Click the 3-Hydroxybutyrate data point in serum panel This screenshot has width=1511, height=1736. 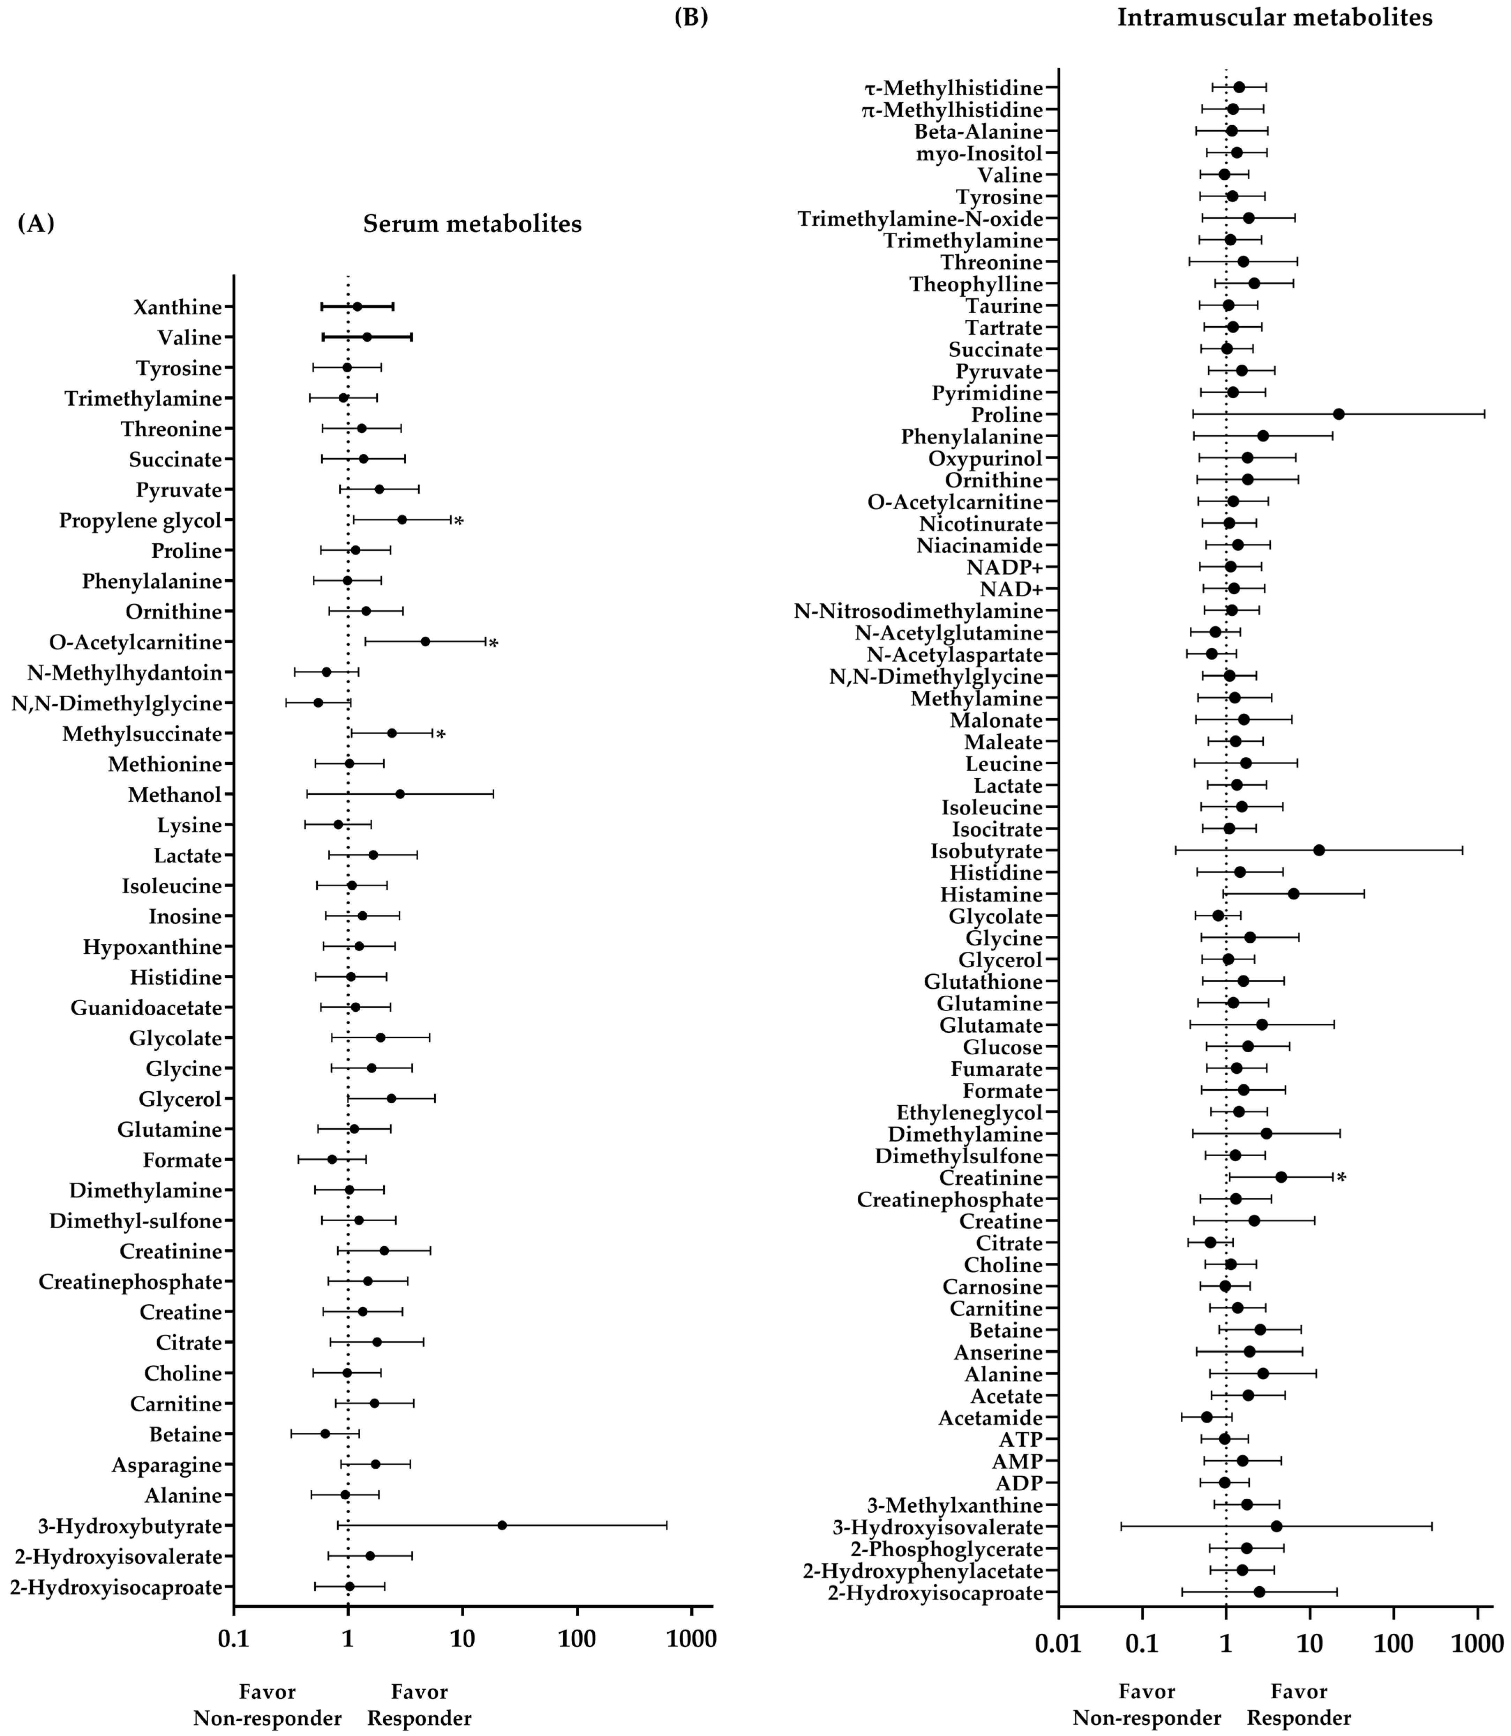coord(502,1525)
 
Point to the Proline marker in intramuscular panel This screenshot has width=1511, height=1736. coord(1338,414)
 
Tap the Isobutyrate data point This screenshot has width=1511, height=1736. coord(1319,850)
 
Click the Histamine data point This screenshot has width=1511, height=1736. coord(1293,894)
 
